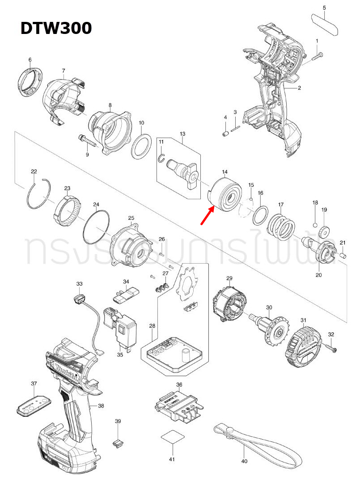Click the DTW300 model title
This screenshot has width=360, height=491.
(x=56, y=28)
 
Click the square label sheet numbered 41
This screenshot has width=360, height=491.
(x=172, y=437)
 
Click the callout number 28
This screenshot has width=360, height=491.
(x=152, y=326)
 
